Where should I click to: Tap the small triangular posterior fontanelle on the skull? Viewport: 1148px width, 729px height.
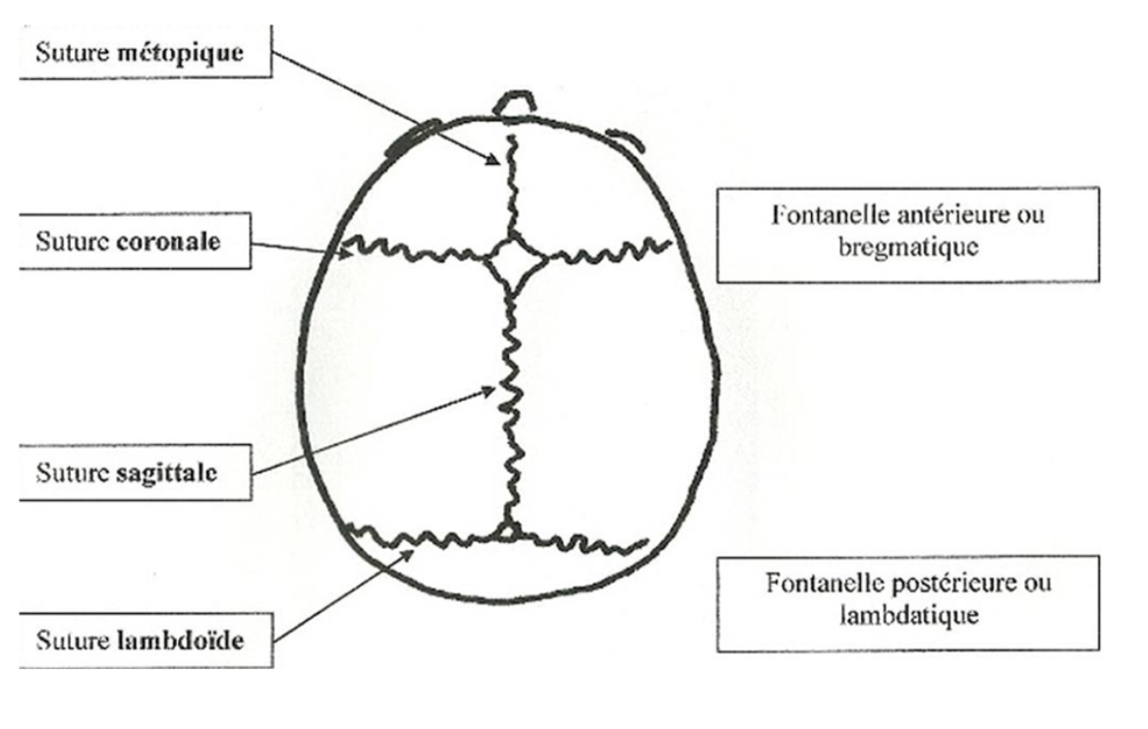pyautogui.click(x=507, y=532)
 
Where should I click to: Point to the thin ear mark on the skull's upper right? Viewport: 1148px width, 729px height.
pyautogui.click(x=626, y=139)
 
